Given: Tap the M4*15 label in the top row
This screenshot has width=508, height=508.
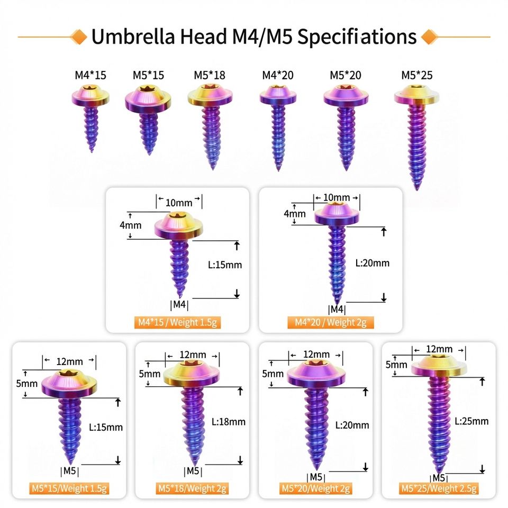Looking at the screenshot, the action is click(90, 75).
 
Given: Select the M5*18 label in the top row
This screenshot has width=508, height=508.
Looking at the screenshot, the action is click(210, 75).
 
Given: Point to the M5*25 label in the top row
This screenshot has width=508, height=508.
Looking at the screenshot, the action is click(416, 75).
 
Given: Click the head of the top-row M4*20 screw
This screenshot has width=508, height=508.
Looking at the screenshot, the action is click(277, 96).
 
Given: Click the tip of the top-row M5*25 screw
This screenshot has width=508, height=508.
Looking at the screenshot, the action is click(418, 186).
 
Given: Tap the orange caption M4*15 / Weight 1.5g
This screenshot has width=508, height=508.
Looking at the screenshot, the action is click(177, 322).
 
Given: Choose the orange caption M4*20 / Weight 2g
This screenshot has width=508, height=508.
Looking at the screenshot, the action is click(331, 322).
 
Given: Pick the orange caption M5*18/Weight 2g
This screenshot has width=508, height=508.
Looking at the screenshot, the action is click(192, 488).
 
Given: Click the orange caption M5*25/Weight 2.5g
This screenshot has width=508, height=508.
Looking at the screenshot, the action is click(439, 488).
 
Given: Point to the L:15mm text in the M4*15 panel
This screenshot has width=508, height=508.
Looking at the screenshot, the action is click(225, 265).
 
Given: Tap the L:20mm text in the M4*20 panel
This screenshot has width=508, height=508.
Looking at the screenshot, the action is click(373, 262).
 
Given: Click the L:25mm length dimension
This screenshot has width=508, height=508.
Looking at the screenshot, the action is click(472, 421).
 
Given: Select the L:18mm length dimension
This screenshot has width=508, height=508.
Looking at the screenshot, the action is click(229, 422).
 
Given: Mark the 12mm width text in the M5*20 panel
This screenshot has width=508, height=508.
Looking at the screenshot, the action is click(316, 354).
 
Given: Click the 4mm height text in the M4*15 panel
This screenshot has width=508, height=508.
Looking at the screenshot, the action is click(130, 225).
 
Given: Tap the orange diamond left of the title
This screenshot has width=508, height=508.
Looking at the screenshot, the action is click(79, 37).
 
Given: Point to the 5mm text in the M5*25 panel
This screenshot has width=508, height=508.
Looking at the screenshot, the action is click(396, 365).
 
